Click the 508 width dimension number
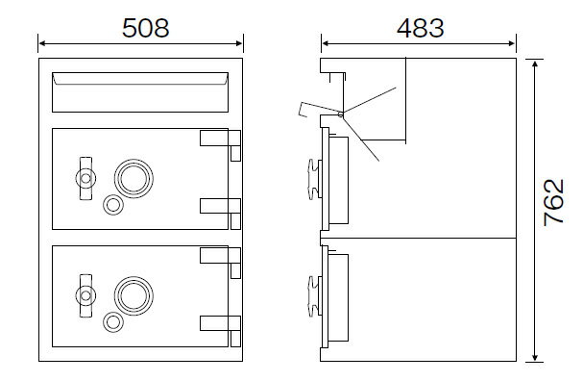[146, 28]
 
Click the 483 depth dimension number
[420, 28]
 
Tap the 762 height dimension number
[553, 203]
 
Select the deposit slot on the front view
[140, 92]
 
